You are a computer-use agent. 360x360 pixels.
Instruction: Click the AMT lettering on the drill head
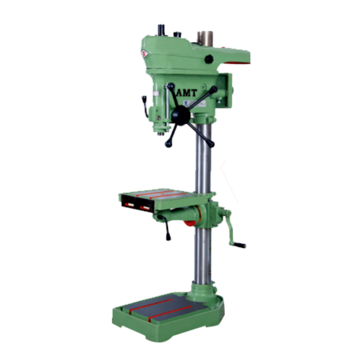click(x=187, y=93)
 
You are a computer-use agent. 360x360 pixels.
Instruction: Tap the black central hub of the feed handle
click(x=181, y=115)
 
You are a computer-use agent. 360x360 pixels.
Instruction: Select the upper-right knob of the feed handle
click(x=214, y=89)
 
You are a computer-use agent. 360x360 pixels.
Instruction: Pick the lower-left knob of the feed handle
click(x=168, y=144)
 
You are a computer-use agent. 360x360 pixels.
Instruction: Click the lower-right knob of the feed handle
click(x=211, y=144)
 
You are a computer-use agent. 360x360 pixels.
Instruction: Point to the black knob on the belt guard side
click(x=209, y=59)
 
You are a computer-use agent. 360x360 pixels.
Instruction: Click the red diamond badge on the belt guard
click(x=145, y=54)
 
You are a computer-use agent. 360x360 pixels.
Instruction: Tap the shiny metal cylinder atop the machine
click(x=205, y=38)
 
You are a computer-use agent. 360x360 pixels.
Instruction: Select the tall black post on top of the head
click(x=161, y=30)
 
